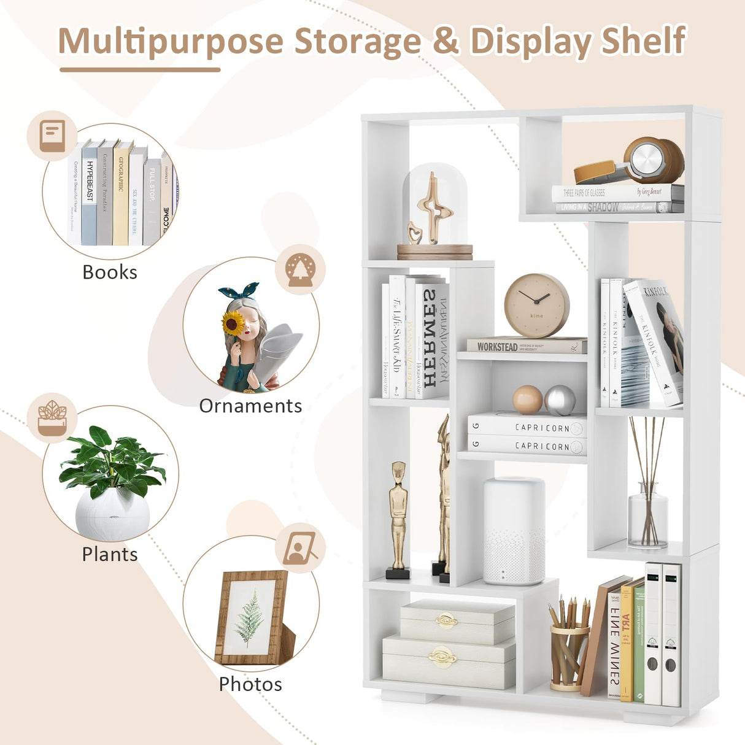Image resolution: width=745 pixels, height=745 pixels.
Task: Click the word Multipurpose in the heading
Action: pyautogui.click(x=170, y=42)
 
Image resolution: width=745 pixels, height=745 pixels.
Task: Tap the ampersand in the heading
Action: pyautogui.click(x=446, y=42)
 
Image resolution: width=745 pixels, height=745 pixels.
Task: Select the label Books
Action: pyautogui.click(x=110, y=272)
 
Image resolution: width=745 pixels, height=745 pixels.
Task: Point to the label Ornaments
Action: pyautogui.click(x=250, y=406)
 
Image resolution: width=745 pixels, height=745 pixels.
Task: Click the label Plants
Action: pyautogui.click(x=110, y=554)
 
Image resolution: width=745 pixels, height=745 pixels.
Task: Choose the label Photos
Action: pyautogui.click(x=250, y=684)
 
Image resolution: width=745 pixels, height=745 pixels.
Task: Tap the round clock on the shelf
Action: pyautogui.click(x=536, y=306)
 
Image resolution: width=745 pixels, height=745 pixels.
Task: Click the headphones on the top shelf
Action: pyautogui.click(x=632, y=163)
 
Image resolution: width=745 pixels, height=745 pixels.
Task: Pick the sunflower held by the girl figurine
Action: pyautogui.click(x=233, y=323)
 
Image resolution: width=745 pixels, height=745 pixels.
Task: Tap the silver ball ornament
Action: pyautogui.click(x=560, y=401)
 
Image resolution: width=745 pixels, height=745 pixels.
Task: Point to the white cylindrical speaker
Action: pyautogui.click(x=514, y=531)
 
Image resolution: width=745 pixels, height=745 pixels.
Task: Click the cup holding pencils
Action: pyautogui.click(x=568, y=657)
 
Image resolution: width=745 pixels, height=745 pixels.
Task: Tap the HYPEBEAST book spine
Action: pyautogui.click(x=90, y=193)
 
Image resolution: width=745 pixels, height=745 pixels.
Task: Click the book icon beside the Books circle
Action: pyautogui.click(x=52, y=136)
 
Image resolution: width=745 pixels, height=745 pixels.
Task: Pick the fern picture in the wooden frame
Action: pyautogui.click(x=250, y=618)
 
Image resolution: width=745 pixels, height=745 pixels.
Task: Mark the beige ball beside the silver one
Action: pyautogui.click(x=527, y=400)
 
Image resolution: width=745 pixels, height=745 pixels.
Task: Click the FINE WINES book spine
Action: pyautogui.click(x=614, y=644)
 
